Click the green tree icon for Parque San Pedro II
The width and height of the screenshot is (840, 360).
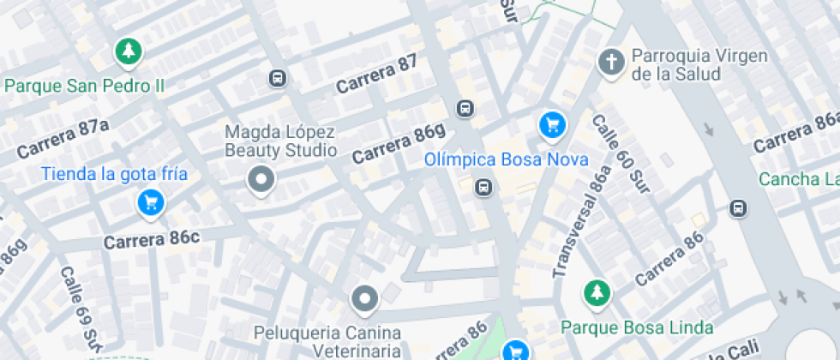pos(129,51)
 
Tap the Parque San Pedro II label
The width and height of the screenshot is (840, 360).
pos(85,86)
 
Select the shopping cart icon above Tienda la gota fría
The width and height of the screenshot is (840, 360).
pos(151,203)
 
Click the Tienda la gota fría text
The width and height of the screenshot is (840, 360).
pos(114,175)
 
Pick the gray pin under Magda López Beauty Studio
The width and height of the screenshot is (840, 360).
pos(261,180)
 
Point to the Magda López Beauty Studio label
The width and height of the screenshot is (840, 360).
pos(280,141)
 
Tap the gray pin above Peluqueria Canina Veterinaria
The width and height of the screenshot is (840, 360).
pos(365,299)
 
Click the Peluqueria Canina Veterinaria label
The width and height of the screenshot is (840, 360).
pos(327,340)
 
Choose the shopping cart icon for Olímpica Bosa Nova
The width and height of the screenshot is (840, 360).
pos(553,126)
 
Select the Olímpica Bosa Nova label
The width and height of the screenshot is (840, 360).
pos(507,160)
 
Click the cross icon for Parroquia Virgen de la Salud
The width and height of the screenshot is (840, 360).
pos(610,61)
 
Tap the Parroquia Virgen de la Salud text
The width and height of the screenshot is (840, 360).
pos(675,65)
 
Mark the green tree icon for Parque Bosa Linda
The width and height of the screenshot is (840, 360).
pos(595,293)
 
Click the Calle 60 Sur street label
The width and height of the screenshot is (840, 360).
pos(621,154)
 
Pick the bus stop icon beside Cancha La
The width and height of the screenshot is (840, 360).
pos(737,208)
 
